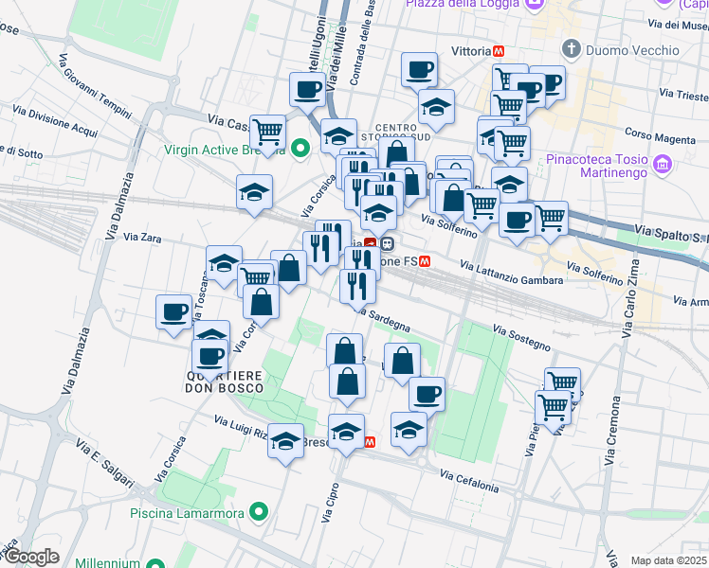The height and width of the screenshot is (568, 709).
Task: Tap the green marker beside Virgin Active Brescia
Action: pos(300,149)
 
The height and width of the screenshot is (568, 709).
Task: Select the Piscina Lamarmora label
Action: pos(187,513)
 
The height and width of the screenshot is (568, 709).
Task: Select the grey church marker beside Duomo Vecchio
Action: pos(571,48)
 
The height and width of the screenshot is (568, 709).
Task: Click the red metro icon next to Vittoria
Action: pos(499,50)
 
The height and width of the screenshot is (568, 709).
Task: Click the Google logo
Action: pos(30,557)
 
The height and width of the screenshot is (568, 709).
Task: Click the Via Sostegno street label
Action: pos(521,335)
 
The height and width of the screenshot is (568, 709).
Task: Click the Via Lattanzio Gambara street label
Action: pos(512,273)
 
